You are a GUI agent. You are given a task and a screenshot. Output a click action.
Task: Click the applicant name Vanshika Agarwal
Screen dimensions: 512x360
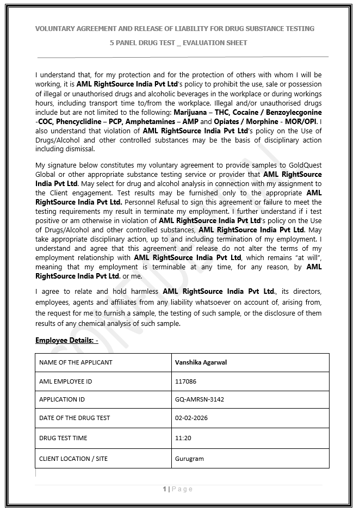[x=201, y=362]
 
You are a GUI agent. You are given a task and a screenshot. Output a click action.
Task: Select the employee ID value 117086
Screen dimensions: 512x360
[x=186, y=381]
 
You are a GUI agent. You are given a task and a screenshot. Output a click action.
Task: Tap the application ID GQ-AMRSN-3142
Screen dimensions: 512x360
[x=199, y=399]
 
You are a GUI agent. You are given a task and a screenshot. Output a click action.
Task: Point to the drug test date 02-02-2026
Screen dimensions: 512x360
[x=191, y=418]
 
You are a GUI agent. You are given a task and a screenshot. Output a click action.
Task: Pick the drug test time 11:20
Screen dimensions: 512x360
[x=183, y=438]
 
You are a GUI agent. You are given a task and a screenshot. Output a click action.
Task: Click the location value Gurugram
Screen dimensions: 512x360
[x=189, y=459]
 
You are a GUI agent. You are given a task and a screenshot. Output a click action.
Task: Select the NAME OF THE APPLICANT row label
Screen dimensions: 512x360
[x=76, y=362]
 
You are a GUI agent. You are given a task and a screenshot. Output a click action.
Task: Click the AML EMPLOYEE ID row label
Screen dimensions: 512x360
[x=65, y=381]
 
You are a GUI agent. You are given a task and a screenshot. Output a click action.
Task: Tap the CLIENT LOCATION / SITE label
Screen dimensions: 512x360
[x=73, y=459]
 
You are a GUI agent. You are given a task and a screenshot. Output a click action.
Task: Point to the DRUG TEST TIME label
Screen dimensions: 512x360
[x=63, y=438]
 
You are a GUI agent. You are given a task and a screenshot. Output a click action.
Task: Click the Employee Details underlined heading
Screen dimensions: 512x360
[x=66, y=341]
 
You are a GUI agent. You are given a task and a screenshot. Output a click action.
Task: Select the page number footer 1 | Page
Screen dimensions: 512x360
[x=178, y=489]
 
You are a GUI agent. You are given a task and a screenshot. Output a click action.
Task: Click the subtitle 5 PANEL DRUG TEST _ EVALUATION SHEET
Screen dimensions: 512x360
[x=178, y=42]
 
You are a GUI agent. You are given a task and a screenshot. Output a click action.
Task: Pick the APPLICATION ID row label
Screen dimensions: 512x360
[x=62, y=399]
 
